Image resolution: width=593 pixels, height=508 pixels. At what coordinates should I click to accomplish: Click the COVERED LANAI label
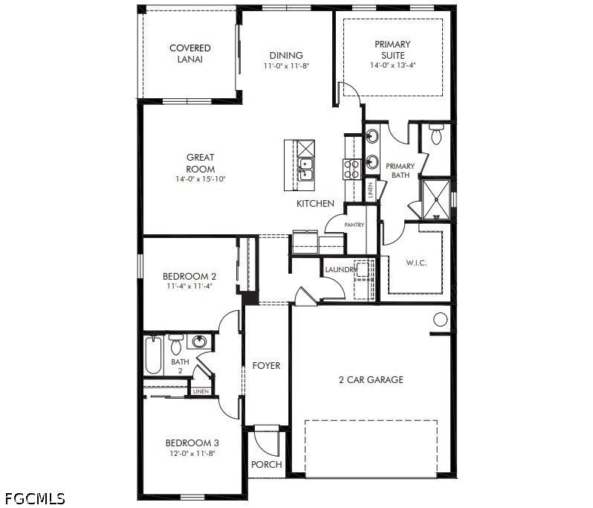click(x=189, y=54)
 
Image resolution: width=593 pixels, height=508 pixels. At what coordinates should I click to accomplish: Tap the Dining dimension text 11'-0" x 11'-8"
click(x=286, y=66)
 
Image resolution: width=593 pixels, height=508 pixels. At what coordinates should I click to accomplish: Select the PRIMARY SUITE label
click(x=392, y=50)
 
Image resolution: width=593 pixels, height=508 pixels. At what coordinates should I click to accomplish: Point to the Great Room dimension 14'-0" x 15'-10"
click(x=201, y=179)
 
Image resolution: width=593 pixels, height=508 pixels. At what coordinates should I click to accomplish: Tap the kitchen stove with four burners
click(x=351, y=169)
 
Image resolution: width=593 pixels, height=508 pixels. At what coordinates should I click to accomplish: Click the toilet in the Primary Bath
click(x=436, y=134)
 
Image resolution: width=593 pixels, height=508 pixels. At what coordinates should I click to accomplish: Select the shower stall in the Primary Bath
click(x=435, y=199)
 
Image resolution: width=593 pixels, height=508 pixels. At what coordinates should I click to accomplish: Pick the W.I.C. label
click(x=416, y=263)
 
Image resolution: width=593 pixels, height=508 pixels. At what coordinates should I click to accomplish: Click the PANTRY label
click(x=354, y=225)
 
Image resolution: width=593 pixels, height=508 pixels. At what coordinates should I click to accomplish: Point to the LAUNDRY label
click(x=341, y=270)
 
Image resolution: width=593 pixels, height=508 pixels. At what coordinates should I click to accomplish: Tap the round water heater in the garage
click(x=440, y=320)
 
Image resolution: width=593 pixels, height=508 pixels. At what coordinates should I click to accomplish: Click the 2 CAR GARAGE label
click(x=371, y=379)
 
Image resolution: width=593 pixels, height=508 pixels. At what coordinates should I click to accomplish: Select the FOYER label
click(x=266, y=366)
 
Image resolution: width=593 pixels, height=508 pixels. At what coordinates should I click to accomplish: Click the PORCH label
click(x=267, y=464)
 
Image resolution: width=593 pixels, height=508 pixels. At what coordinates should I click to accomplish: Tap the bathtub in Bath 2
click(x=154, y=356)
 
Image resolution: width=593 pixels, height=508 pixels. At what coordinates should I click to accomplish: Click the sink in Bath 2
click(x=199, y=341)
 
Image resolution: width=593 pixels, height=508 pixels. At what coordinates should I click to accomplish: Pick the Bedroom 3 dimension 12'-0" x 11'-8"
click(x=192, y=453)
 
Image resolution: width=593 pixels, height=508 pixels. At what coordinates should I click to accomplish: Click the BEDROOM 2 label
click(x=189, y=277)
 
